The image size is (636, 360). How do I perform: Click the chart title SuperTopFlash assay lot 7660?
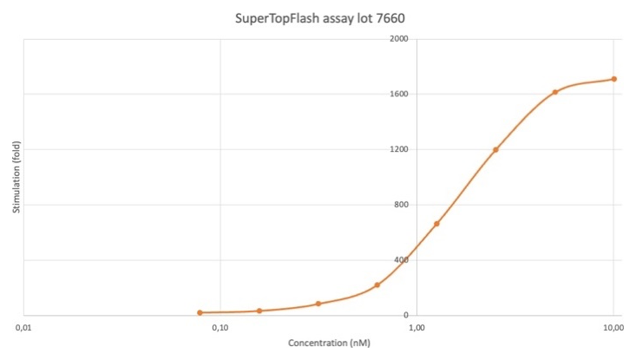(x=320, y=18)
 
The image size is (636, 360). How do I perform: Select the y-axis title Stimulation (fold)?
(x=16, y=177)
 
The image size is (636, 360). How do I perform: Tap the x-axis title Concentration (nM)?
(x=329, y=343)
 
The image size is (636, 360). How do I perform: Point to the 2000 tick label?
(x=399, y=39)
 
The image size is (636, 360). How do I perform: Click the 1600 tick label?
(x=399, y=94)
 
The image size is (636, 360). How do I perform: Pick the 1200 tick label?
(x=399, y=149)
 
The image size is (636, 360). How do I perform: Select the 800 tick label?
(x=401, y=205)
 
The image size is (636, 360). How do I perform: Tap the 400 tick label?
(x=401, y=260)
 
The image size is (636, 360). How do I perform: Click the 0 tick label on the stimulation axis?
(x=406, y=315)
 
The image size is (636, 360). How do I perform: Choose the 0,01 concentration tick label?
(x=23, y=328)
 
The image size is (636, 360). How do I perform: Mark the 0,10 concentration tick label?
(x=220, y=328)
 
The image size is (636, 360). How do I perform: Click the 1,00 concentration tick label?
(x=417, y=328)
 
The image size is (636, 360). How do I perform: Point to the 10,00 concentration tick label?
(x=613, y=328)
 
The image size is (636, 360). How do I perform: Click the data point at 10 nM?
(x=614, y=79)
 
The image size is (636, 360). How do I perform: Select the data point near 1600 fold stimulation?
(x=555, y=92)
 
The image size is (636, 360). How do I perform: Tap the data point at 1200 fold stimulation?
(x=495, y=149)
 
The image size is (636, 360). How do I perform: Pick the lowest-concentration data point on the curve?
(x=200, y=313)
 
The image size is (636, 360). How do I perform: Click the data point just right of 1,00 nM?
(x=436, y=224)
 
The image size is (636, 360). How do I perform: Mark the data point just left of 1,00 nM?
(x=377, y=285)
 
